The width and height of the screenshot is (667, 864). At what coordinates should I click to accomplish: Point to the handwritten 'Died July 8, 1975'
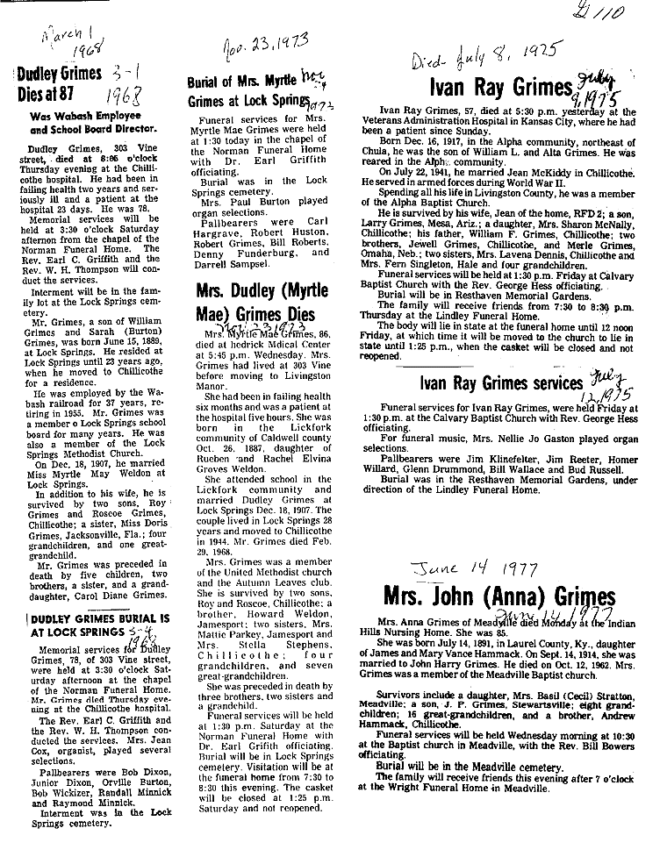tap(484, 62)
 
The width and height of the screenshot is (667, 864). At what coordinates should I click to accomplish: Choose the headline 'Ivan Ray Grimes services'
tap(500, 383)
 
